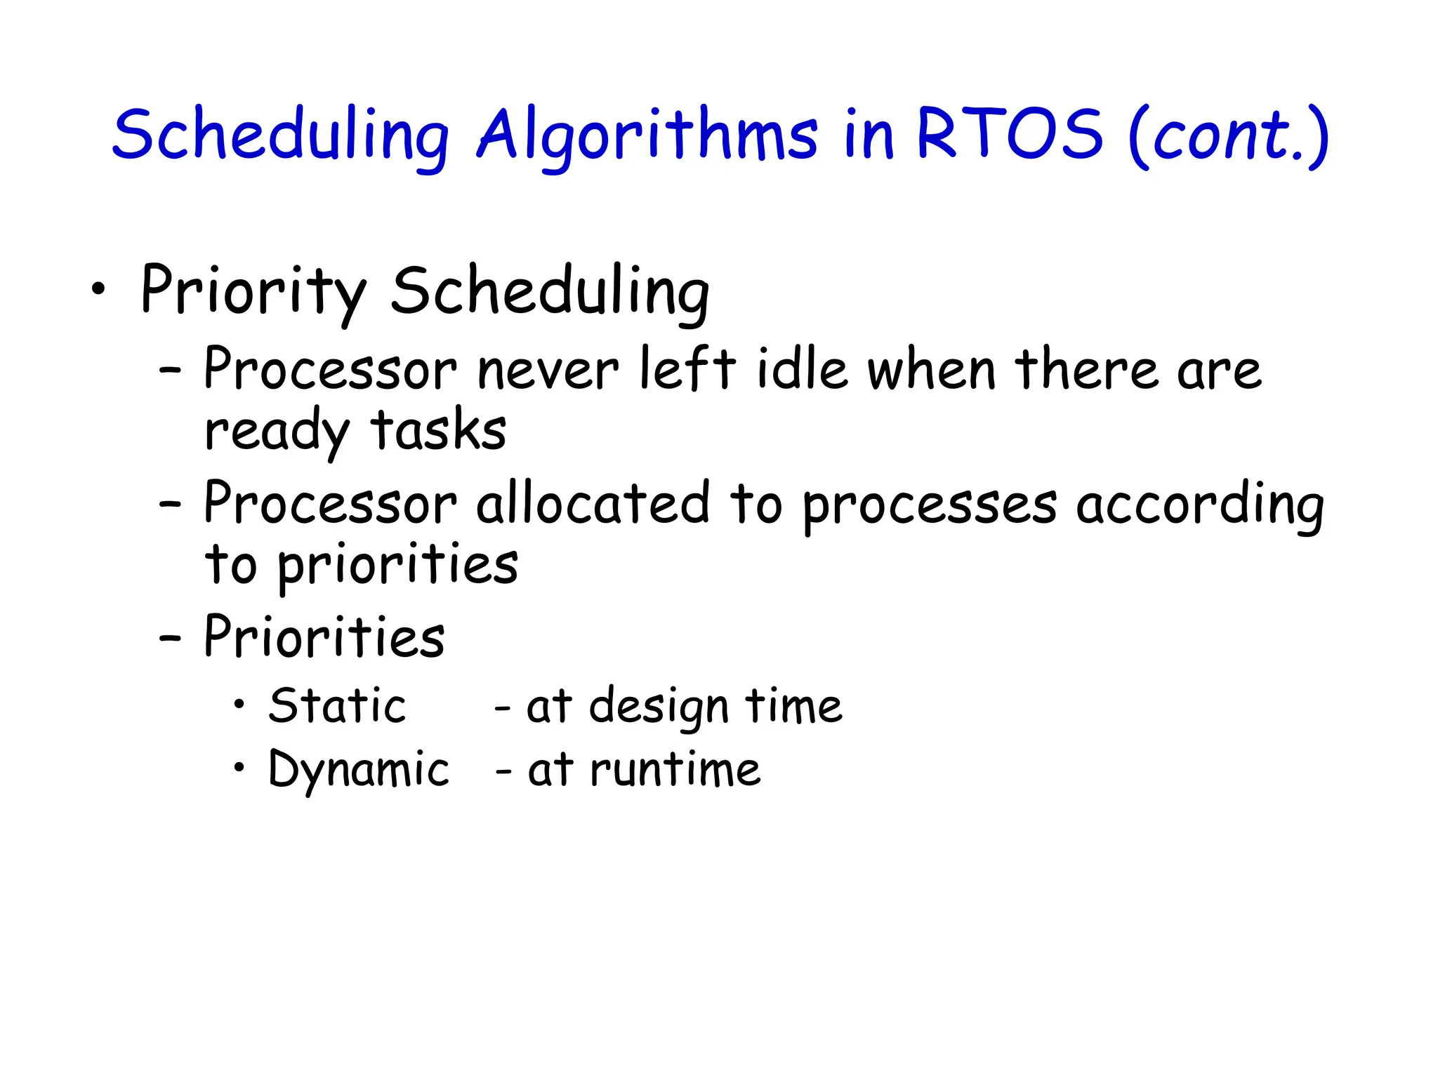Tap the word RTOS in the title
click(1010, 133)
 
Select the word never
click(548, 371)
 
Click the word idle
click(802, 369)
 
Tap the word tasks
click(438, 430)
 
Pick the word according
click(1199, 505)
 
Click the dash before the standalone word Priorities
click(170, 639)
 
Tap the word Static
click(337, 705)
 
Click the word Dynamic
click(358, 769)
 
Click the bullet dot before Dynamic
click(240, 767)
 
